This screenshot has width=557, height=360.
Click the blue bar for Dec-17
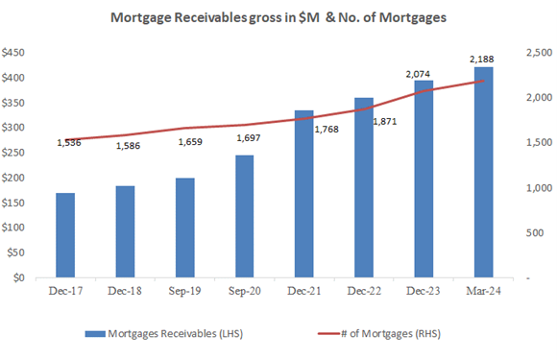click(65, 235)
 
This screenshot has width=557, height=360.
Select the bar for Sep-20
click(244, 216)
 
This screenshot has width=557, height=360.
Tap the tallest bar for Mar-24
click(483, 172)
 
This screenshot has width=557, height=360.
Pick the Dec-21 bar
click(304, 194)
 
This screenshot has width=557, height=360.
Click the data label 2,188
click(482, 60)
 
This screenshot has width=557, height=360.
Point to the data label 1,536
click(69, 143)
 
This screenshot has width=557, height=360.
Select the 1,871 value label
click(385, 121)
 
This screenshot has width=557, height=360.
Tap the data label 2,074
click(418, 74)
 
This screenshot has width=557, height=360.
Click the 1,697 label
click(249, 137)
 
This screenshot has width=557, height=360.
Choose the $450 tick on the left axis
click(13, 53)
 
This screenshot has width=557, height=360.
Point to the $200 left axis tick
click(13, 178)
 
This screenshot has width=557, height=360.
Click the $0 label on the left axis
click(19, 277)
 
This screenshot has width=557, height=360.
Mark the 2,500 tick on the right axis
click(540, 53)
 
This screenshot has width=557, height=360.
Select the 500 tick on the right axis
click(535, 232)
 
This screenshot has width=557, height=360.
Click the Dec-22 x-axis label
click(364, 291)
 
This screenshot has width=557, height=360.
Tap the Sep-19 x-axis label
click(184, 291)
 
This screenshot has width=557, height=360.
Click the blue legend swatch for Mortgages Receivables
click(95, 334)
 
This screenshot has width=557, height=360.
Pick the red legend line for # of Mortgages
click(328, 334)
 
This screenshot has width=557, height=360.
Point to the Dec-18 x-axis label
click(125, 291)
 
